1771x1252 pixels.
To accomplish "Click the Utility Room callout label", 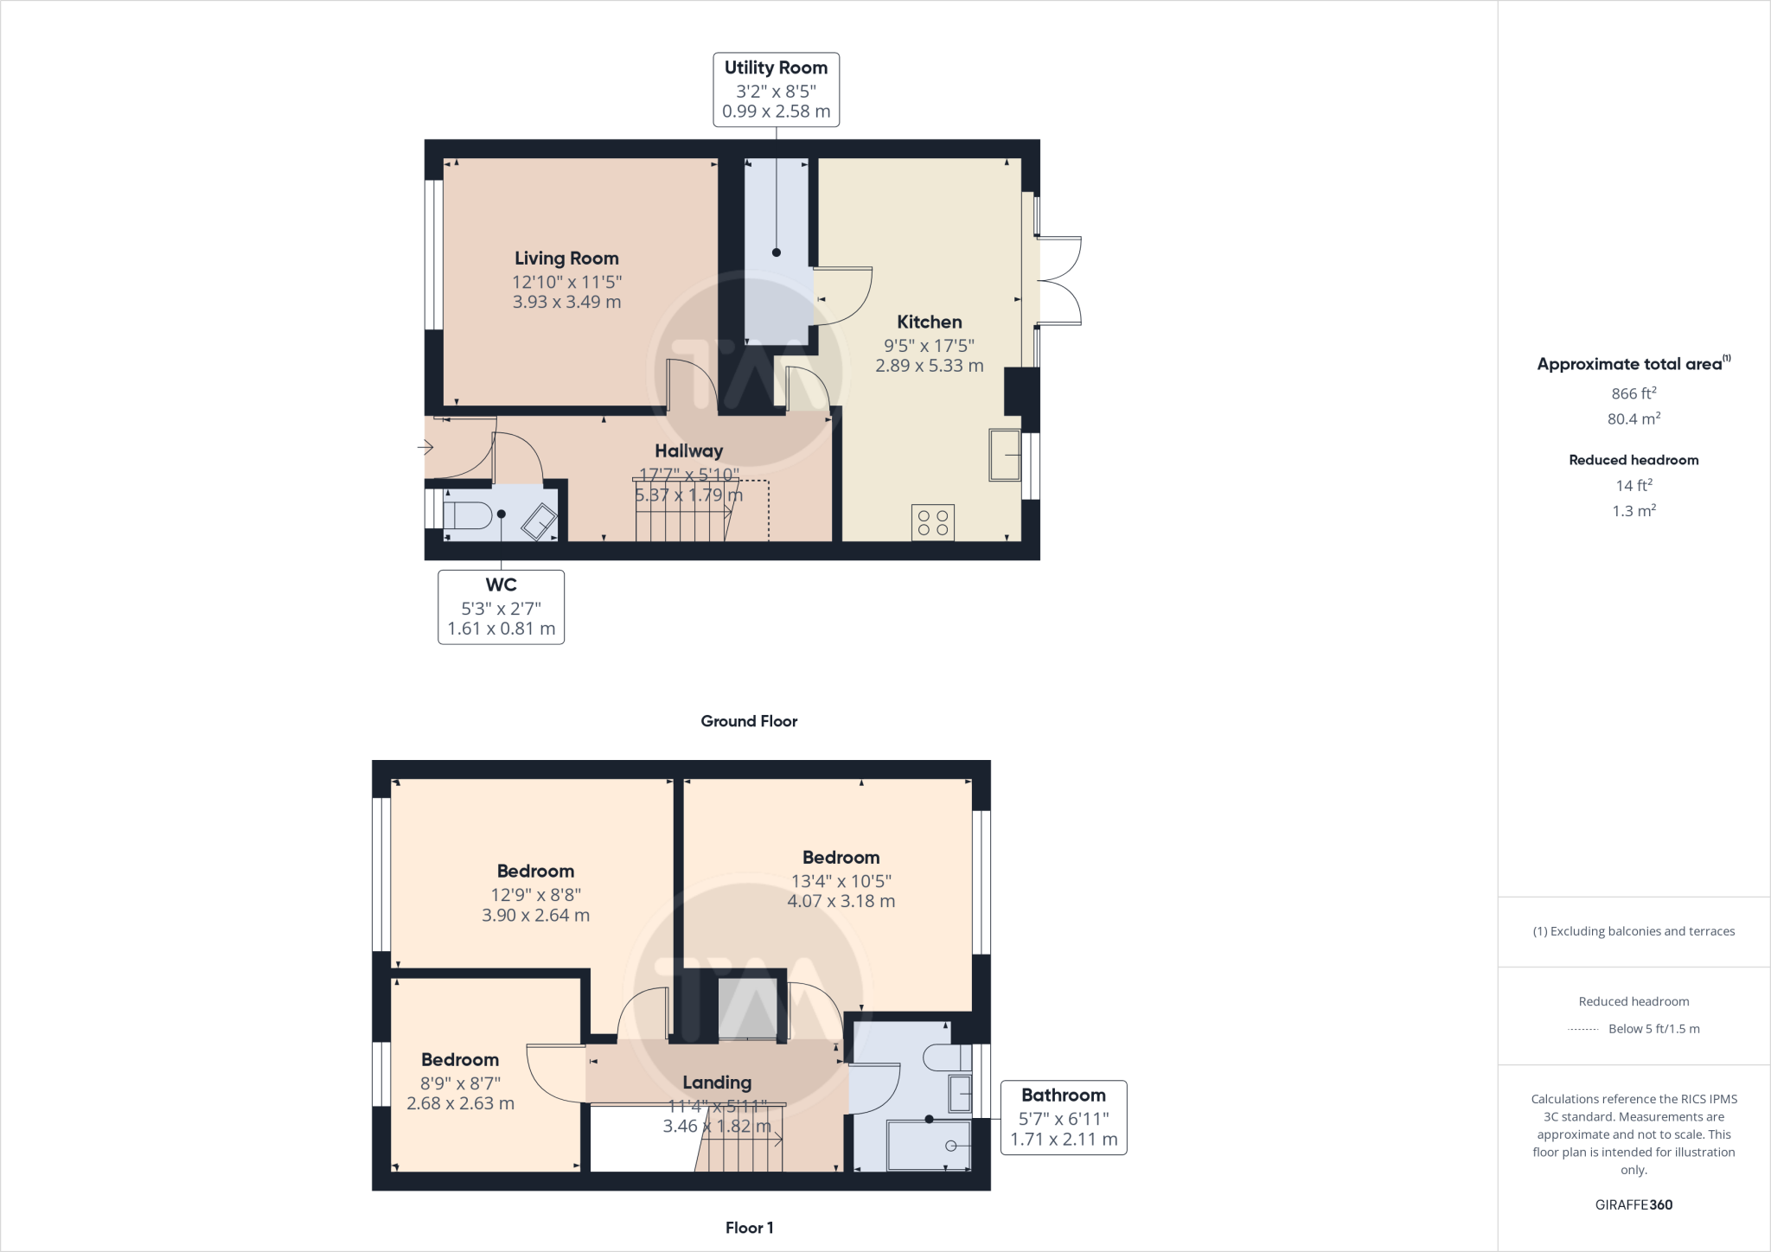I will point(776,89).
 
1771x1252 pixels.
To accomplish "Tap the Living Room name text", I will point(566,258).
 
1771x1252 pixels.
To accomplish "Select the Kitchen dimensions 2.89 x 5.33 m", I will point(929,366).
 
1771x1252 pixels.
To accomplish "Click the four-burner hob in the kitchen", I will point(932,522).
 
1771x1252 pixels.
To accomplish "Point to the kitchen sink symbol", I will point(1005,455).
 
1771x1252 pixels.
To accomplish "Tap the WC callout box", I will point(501,607).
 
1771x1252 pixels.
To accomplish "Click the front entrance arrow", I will point(425,447).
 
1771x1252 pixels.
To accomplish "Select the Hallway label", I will point(688,450).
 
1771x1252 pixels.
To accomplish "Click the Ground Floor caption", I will point(749,721).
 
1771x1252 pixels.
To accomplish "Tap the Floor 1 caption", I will point(749,1228).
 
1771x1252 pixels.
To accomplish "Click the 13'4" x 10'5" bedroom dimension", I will point(841,881).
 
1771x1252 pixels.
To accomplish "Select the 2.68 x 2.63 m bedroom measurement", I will point(460,1104).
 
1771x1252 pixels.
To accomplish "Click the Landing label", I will point(717,1083).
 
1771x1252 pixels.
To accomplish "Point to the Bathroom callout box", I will point(1063,1117).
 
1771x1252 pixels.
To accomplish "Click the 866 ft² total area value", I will point(1634,393).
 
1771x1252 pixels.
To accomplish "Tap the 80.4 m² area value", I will point(1634,419).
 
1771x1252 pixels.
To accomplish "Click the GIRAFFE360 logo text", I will point(1634,1204).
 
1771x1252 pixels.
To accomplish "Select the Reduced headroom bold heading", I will point(1634,460).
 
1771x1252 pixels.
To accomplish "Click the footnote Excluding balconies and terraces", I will point(1634,931).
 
